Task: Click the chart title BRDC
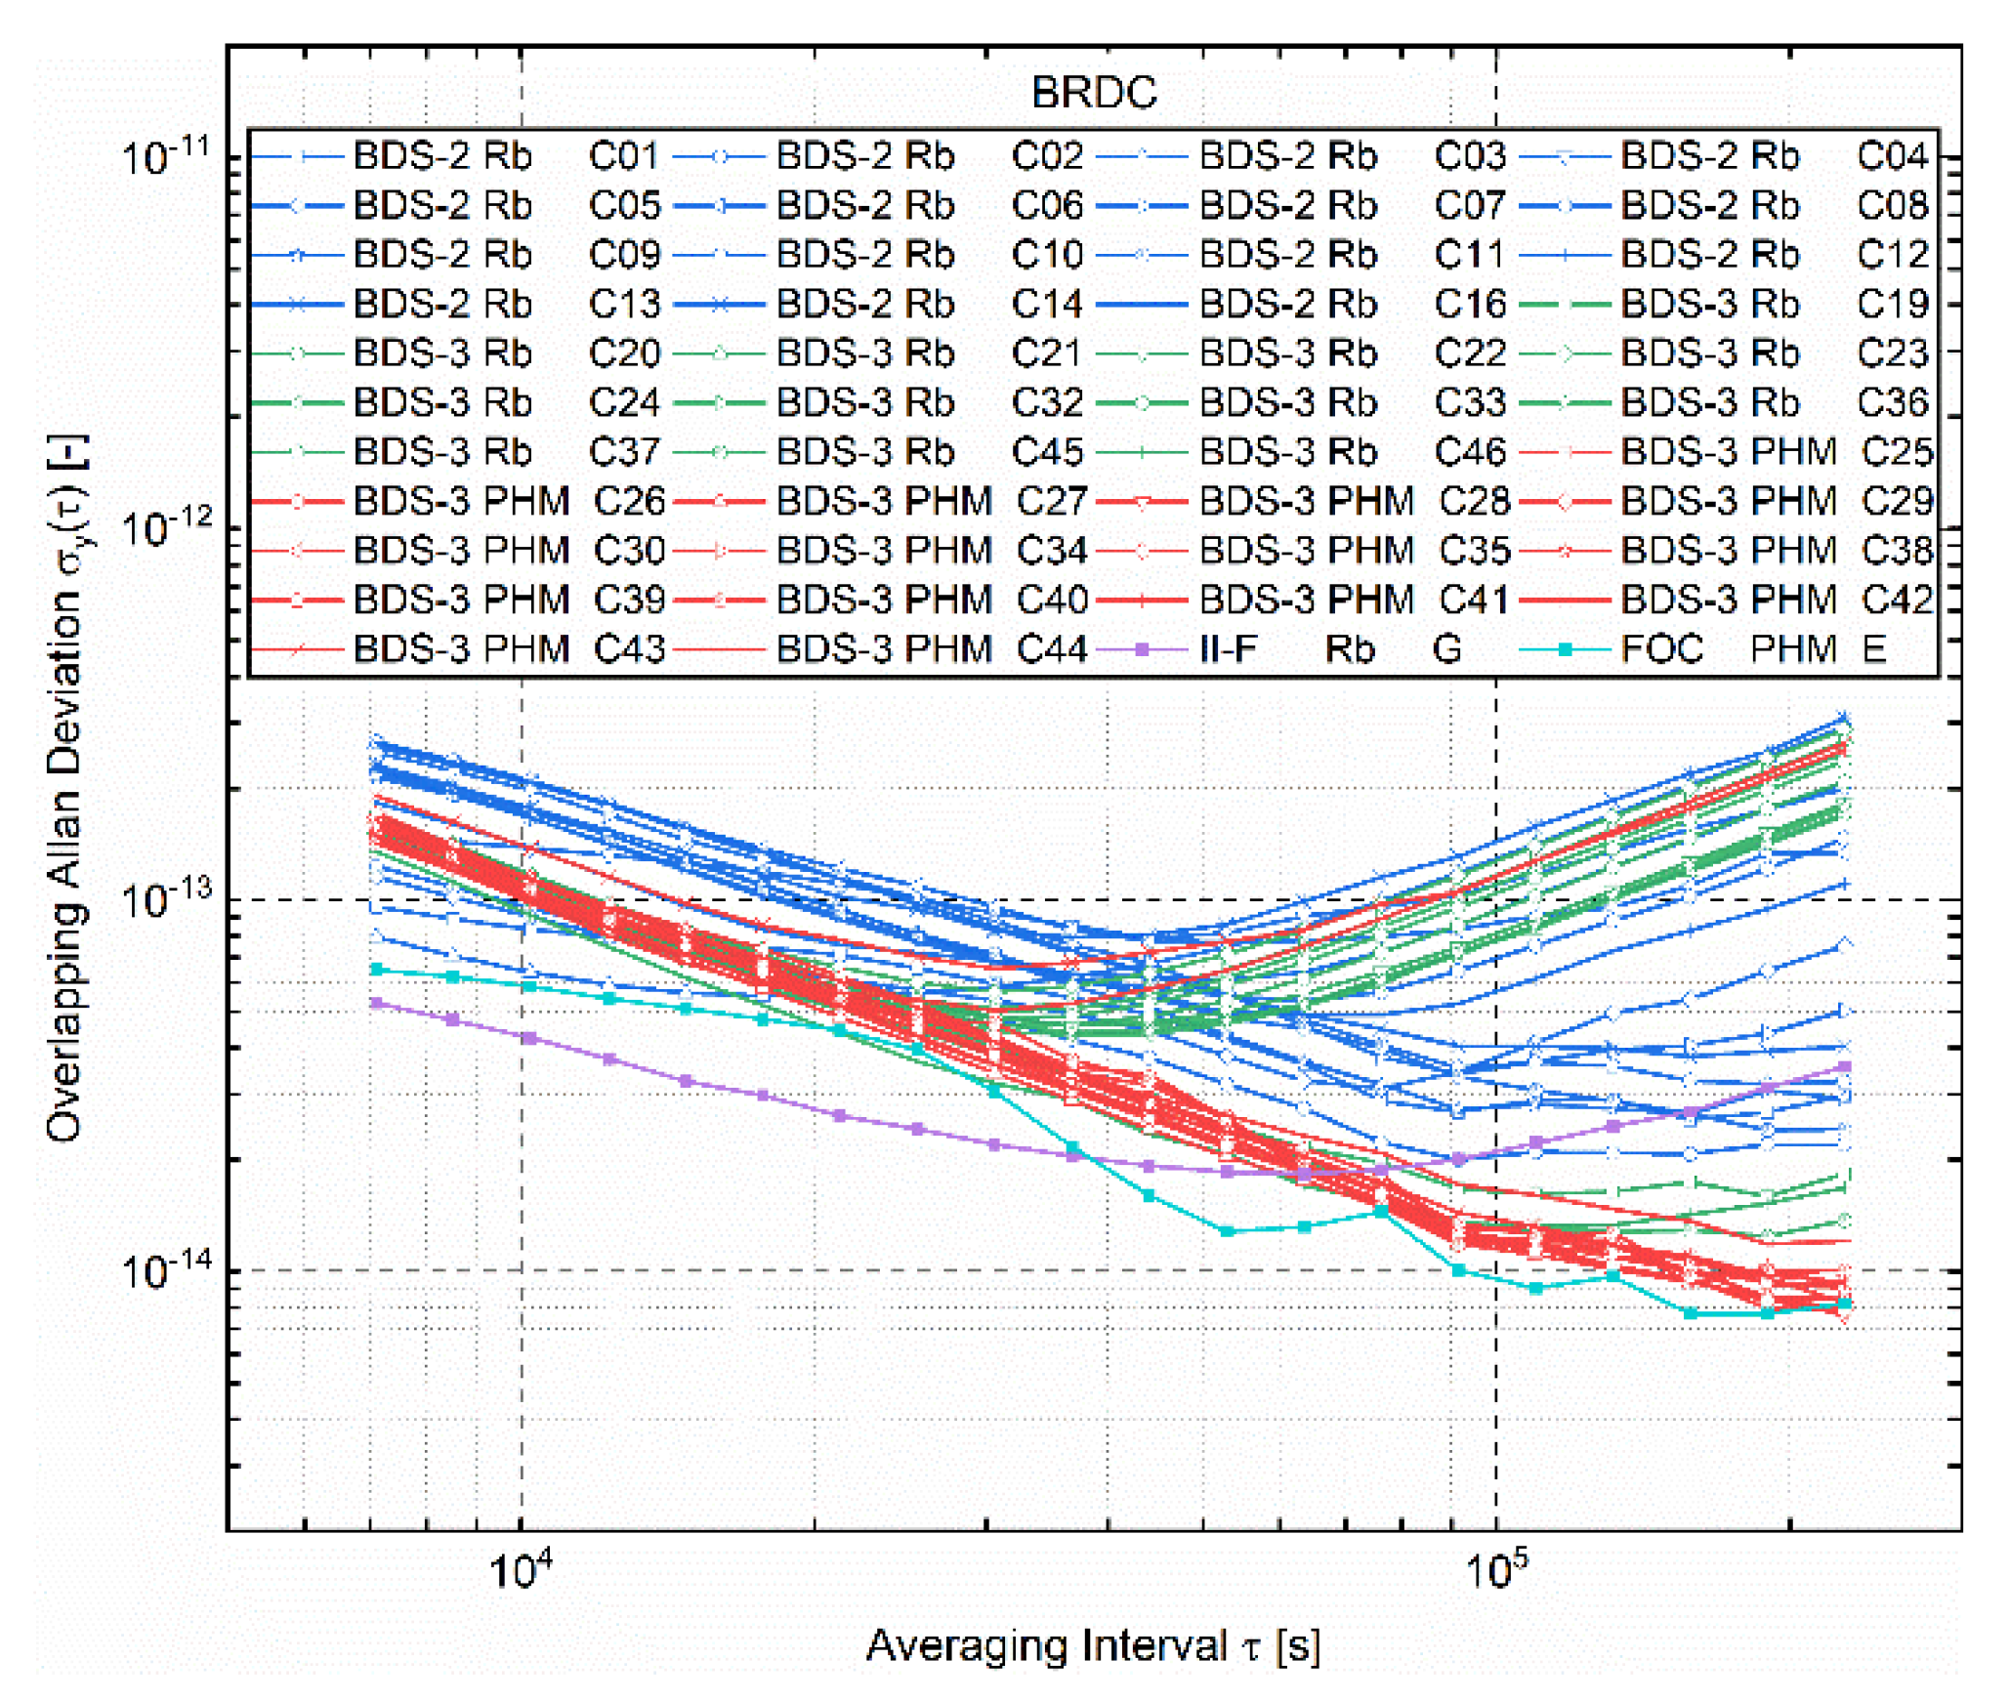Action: pos(1093,93)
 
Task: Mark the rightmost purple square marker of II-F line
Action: pos(1845,1066)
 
